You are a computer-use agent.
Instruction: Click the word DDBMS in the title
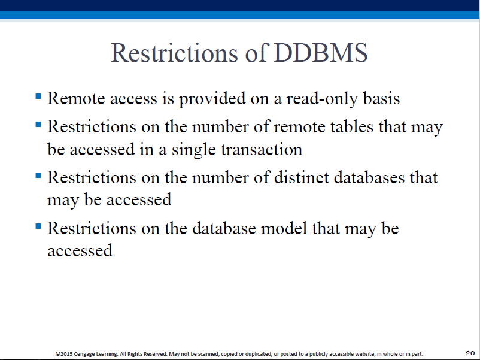(321, 53)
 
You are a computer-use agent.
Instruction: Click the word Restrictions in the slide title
(174, 53)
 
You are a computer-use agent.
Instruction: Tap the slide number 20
(470, 353)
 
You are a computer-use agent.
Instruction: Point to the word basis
(381, 98)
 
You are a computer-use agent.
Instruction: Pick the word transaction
(262, 150)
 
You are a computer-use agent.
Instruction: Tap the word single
(194, 150)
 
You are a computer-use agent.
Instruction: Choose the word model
(284, 228)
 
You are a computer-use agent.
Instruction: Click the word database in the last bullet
(224, 228)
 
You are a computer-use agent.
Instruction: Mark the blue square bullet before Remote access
(38, 96)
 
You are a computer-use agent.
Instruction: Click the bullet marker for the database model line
(38, 226)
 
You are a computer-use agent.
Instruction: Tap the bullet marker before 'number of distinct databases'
(38, 176)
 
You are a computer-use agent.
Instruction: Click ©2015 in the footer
(64, 354)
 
